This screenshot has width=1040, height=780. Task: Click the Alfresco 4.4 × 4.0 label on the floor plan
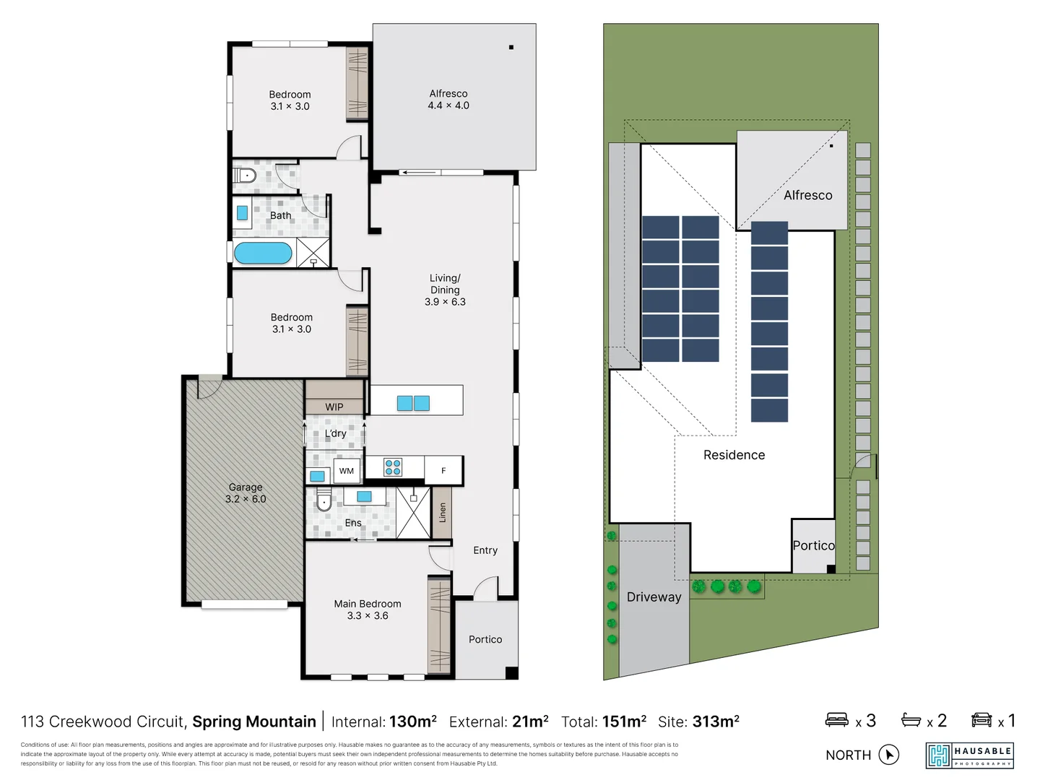pyautogui.click(x=448, y=100)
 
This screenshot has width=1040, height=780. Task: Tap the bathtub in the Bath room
pyautogui.click(x=263, y=253)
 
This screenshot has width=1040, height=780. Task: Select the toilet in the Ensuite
pyautogui.click(x=324, y=500)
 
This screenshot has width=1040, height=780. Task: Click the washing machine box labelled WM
pyautogui.click(x=347, y=471)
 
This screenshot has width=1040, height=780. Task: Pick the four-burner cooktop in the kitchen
pyautogui.click(x=393, y=467)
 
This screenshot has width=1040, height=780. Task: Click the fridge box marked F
pyautogui.click(x=443, y=471)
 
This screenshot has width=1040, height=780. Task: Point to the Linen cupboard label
pyautogui.click(x=442, y=513)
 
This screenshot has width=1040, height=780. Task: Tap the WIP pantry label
pyautogui.click(x=334, y=407)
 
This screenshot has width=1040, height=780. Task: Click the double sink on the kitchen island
pyautogui.click(x=413, y=403)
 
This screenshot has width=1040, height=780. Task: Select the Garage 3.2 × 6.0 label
pyautogui.click(x=246, y=493)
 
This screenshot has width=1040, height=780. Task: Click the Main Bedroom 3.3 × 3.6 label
pyautogui.click(x=367, y=610)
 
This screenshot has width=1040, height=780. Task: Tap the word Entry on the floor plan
pyautogui.click(x=485, y=550)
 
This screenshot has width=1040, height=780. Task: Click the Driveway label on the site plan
pyautogui.click(x=654, y=597)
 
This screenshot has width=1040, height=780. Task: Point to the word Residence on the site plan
pyautogui.click(x=734, y=455)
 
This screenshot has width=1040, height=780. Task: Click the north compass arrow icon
pyautogui.click(x=889, y=755)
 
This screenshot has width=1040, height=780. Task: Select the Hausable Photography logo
pyautogui.click(x=969, y=755)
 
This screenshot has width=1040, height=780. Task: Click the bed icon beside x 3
pyautogui.click(x=837, y=720)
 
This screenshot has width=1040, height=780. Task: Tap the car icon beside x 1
pyautogui.click(x=981, y=720)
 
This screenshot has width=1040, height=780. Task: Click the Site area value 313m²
pyautogui.click(x=715, y=721)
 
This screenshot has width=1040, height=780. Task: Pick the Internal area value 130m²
pyautogui.click(x=412, y=721)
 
